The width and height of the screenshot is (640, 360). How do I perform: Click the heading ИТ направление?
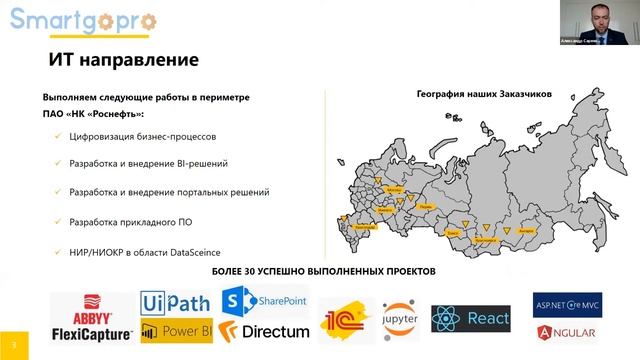[x=124, y=61]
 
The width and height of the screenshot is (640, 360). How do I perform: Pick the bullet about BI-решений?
[x=149, y=162]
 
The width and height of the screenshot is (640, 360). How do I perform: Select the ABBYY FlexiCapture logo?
[x=92, y=316]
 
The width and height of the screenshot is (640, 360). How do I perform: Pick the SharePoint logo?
[x=264, y=300]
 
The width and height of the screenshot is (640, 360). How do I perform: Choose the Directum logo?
[x=265, y=329]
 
